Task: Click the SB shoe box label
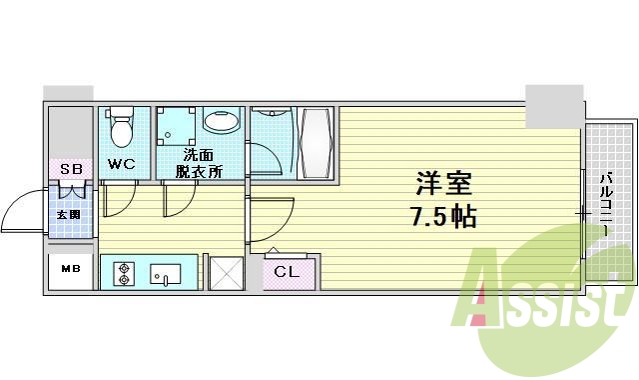click(71, 168)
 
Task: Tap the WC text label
click(122, 163)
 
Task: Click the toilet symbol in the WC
click(122, 128)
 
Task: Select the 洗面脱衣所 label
click(199, 163)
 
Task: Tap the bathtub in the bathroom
click(316, 143)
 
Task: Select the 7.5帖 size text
click(443, 217)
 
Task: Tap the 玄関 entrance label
click(68, 214)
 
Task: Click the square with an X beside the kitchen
click(225, 273)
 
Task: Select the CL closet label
click(287, 271)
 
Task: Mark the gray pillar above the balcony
click(553, 106)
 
